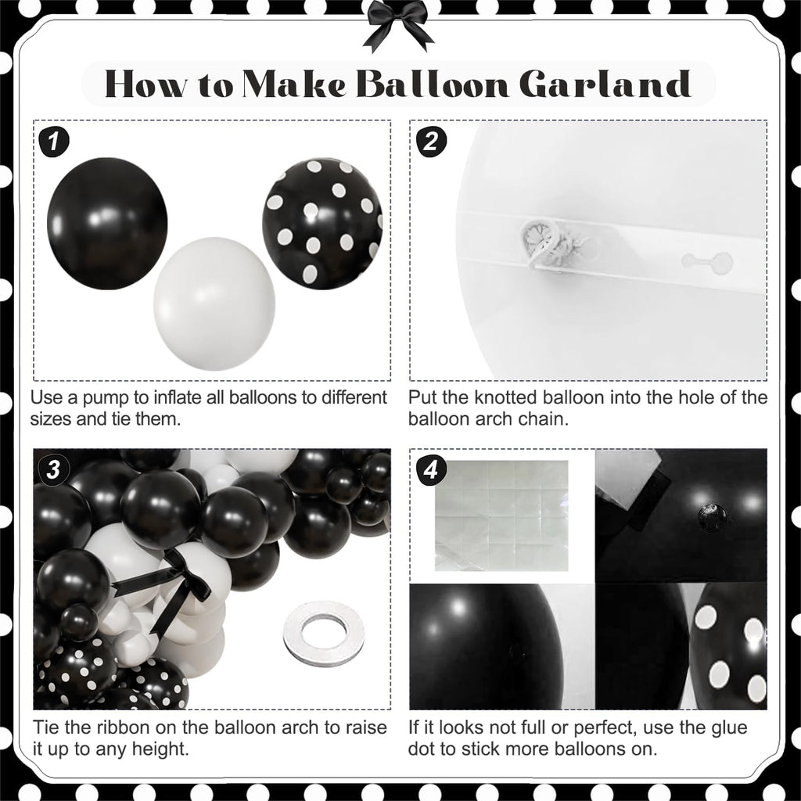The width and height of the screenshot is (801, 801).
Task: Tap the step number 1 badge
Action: [55, 142]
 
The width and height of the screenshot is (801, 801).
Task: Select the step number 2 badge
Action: [431, 142]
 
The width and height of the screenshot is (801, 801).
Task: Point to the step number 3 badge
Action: [55, 469]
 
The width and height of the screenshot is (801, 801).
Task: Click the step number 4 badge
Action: [431, 469]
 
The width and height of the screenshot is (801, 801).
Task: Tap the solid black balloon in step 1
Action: [107, 223]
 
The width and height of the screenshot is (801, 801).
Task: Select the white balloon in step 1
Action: [214, 304]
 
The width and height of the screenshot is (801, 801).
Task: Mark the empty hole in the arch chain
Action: [707, 262]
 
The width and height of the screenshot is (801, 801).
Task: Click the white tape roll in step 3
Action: [324, 633]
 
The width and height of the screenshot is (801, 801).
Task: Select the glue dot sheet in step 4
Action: [501, 515]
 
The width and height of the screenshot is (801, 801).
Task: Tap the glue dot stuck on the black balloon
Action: [712, 517]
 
